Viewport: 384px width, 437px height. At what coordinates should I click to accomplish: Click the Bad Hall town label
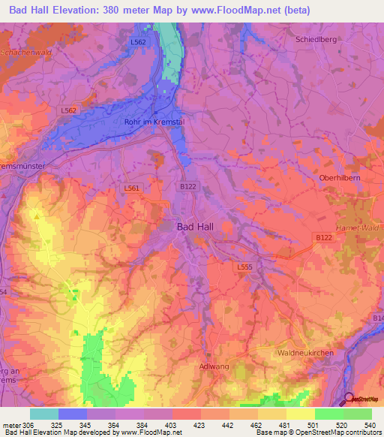tap(198, 226)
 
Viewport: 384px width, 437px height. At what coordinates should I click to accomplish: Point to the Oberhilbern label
tap(341, 179)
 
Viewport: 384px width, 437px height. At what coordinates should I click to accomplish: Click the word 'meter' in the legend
tap(11, 423)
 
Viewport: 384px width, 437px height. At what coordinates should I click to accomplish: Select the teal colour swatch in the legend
tap(43, 413)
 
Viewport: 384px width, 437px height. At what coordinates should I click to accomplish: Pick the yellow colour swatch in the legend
tap(300, 413)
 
